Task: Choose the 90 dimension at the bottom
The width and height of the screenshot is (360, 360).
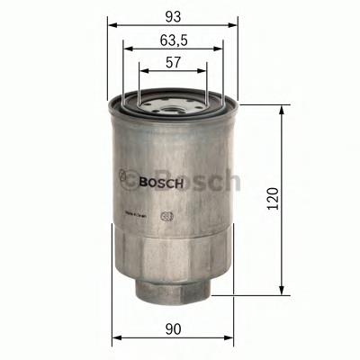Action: pos(174,327)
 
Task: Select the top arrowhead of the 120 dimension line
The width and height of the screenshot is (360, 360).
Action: pos(285,109)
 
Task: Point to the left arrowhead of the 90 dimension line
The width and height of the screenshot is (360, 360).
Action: pos(114,338)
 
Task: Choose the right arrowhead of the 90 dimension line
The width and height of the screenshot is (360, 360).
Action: pos(232,338)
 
